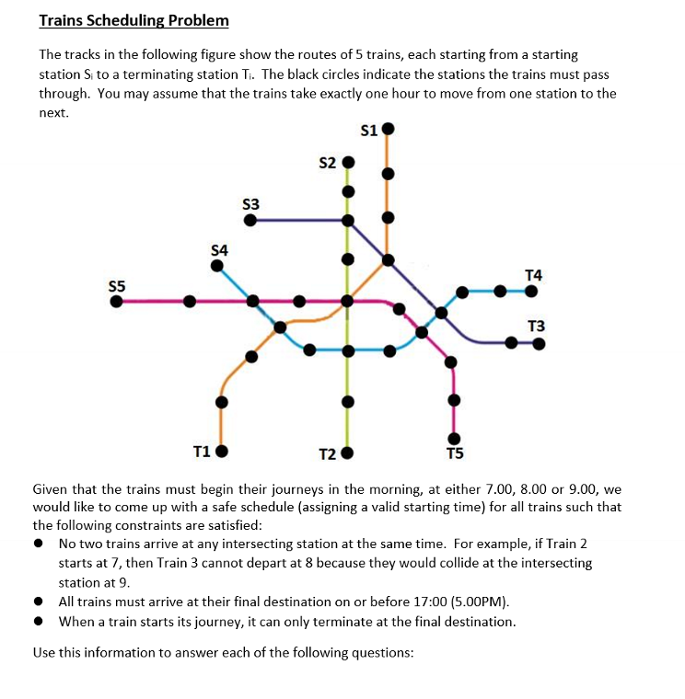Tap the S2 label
(327, 164)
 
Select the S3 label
(250, 203)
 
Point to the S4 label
(220, 249)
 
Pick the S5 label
(116, 285)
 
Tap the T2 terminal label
(328, 454)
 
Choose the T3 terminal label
(537, 327)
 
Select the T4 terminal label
(533, 274)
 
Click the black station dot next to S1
(389, 129)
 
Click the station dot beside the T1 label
(221, 452)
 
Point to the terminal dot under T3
(539, 344)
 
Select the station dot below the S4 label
(217, 266)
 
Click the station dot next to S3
(262, 220)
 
